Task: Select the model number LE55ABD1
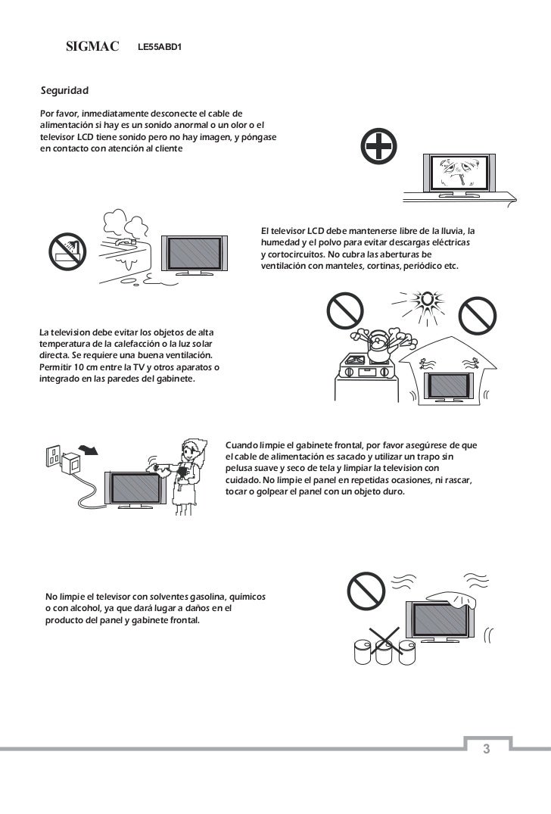click(x=160, y=48)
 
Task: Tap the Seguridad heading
click(x=64, y=91)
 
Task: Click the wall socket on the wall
click(x=54, y=454)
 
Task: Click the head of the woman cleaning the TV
click(x=192, y=453)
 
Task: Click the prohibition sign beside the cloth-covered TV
click(x=365, y=590)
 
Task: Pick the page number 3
click(x=487, y=749)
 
